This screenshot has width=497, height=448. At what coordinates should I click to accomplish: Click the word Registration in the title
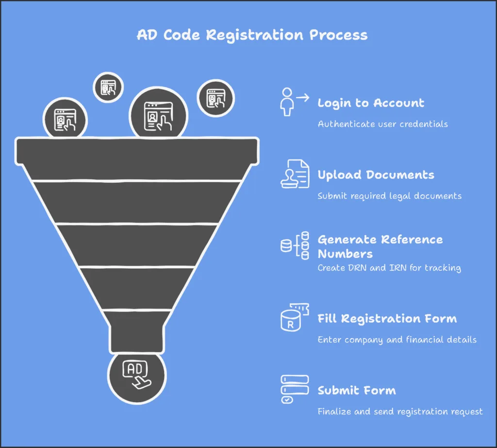254,35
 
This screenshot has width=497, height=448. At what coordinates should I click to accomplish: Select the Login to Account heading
371,103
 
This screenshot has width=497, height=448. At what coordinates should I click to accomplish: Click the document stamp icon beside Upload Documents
295,174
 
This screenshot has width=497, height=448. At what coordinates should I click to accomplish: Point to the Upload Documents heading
376,175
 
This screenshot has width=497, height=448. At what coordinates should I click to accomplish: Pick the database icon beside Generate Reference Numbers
295,245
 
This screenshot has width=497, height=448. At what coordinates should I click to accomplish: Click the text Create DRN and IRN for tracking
389,268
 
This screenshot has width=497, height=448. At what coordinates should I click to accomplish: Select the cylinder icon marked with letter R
290,321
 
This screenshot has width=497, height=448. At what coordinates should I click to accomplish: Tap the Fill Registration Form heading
387,318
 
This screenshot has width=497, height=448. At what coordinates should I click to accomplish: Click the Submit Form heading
357,390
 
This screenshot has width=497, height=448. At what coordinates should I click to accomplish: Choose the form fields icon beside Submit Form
295,389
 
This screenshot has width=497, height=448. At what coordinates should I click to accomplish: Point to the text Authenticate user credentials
383,124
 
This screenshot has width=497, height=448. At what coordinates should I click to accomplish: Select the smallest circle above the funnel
108,87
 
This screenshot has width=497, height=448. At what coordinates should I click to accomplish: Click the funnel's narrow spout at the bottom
137,331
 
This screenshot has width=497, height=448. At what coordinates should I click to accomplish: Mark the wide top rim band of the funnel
137,151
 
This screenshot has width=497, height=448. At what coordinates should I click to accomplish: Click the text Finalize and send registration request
400,412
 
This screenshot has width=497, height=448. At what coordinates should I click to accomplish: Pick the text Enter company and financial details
397,340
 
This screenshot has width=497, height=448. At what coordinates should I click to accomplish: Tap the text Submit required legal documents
390,196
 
